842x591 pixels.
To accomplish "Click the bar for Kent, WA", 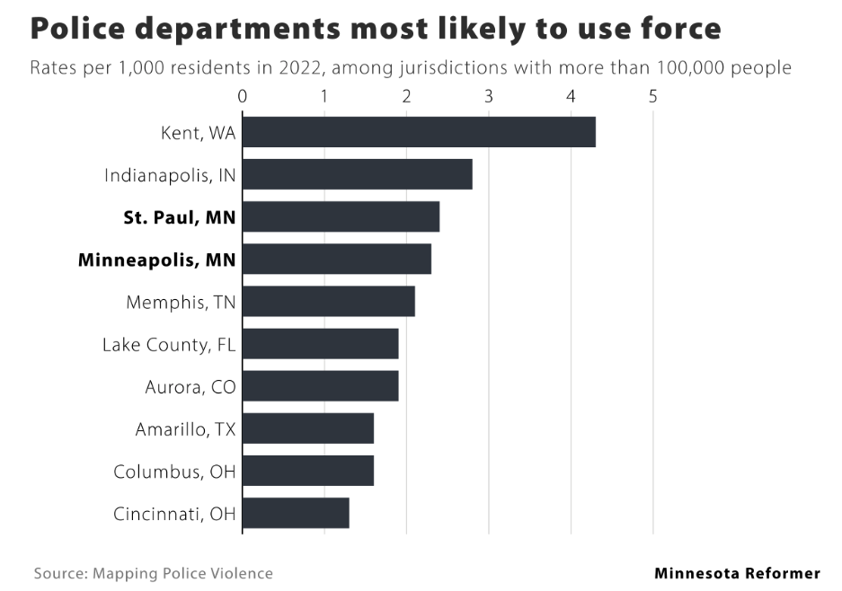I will coord(419,132).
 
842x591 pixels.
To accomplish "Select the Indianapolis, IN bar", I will coord(358,174).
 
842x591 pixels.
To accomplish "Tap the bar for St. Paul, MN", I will coord(341,216).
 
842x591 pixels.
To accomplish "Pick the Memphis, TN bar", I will coord(329,301).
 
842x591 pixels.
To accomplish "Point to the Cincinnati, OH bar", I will coord(296,513).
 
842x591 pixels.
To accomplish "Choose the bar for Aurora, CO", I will coord(320,386).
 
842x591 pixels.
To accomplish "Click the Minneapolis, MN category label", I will coord(157,260).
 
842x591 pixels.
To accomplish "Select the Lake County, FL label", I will coord(169,344).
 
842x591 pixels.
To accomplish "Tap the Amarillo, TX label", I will coord(185,429).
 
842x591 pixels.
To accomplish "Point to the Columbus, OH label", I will coord(174,472).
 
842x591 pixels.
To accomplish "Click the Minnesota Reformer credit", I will coord(737,573).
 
